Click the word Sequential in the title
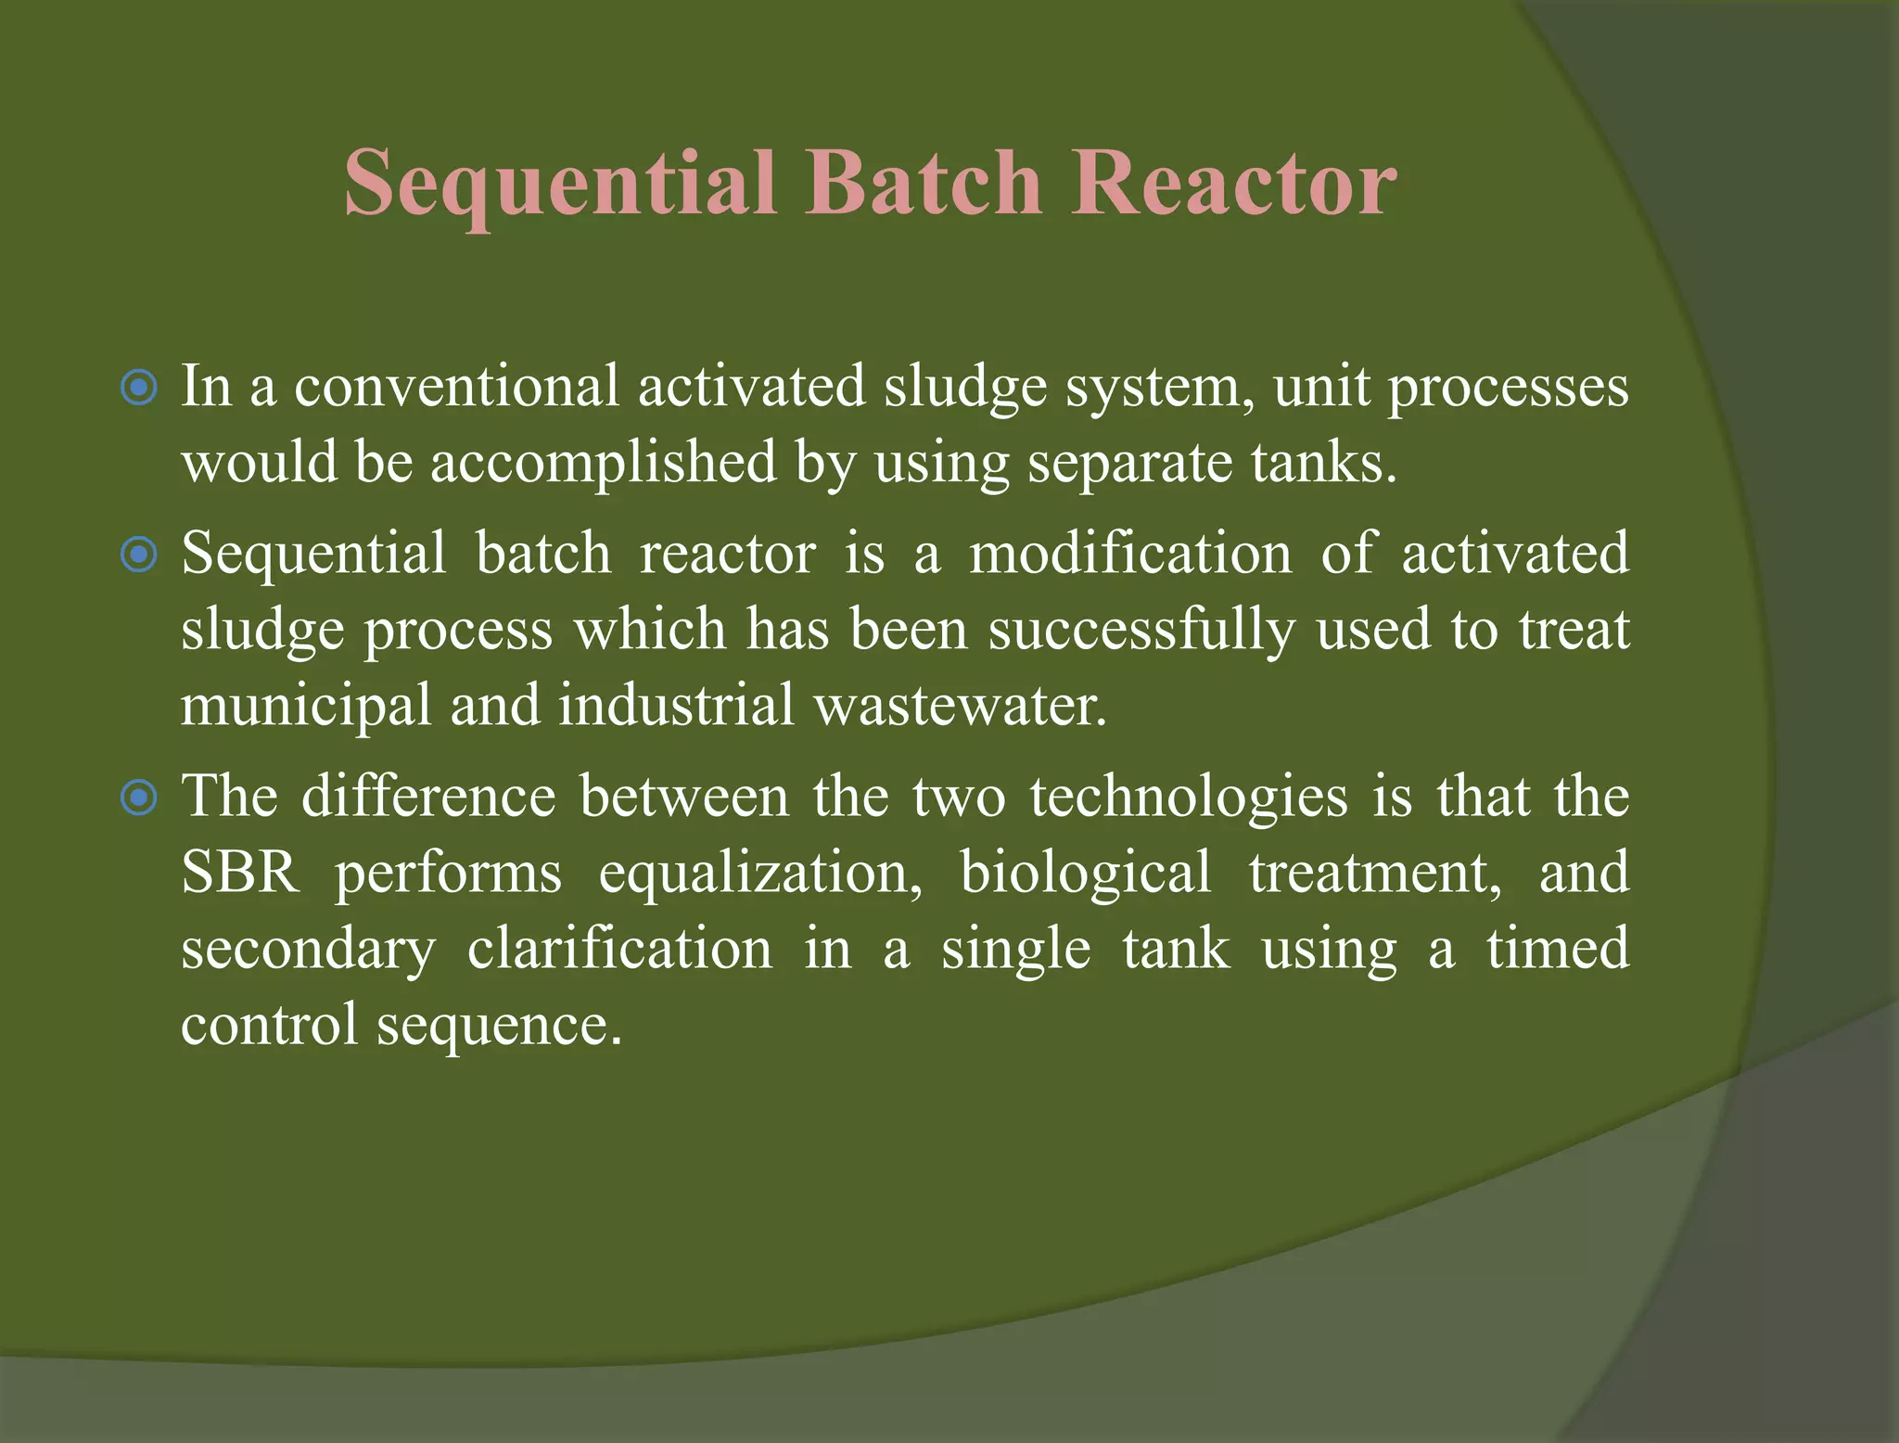pyautogui.click(x=560, y=184)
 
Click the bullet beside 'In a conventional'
pyautogui.click(x=139, y=387)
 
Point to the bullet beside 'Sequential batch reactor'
pyautogui.click(x=139, y=555)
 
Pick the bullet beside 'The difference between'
pyautogui.click(x=139, y=797)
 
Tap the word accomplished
pyautogui.click(x=603, y=463)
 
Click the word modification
pyautogui.click(x=1130, y=554)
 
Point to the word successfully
pyautogui.click(x=1140, y=631)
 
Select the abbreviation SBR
pyautogui.click(x=240, y=873)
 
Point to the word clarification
pyautogui.click(x=619, y=950)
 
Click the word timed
pyautogui.click(x=1558, y=950)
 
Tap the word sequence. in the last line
pyautogui.click(x=499, y=1027)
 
